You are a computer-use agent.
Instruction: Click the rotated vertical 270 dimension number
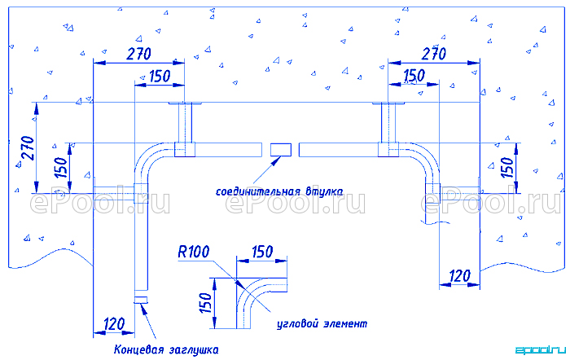pos(28,148)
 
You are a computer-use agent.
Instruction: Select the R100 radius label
pos(194,252)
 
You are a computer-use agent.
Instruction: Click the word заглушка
pos(194,350)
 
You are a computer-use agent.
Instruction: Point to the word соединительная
pos(258,191)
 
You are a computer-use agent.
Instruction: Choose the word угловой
pos(296,323)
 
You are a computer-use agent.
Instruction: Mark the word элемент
pos(344,323)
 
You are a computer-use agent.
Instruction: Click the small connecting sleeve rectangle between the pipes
pos(281,149)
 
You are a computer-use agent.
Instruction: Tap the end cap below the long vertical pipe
pos(142,300)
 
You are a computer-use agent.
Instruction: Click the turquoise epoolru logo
pos(541,350)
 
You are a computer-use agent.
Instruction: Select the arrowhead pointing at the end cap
pos(142,309)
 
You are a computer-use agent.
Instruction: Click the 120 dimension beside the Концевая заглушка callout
pos(114,323)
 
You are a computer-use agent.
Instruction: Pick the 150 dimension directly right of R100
pos(262,252)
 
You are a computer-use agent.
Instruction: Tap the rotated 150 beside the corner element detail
pos(206,303)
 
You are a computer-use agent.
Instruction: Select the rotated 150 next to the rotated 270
pos(61,167)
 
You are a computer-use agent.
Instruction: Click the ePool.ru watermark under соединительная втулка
pos(295,203)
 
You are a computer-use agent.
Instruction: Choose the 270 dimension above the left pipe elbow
pos(138,55)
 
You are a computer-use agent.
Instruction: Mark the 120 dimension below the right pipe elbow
pos(460,276)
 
